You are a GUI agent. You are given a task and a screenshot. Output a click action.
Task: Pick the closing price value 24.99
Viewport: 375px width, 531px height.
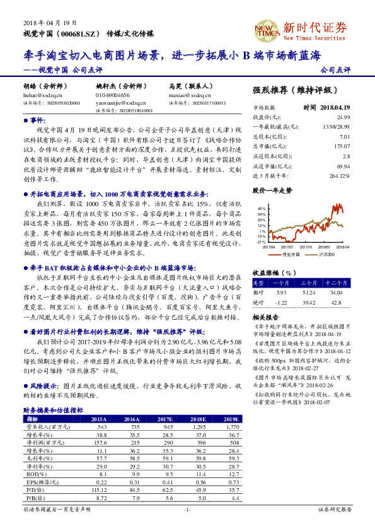(343, 117)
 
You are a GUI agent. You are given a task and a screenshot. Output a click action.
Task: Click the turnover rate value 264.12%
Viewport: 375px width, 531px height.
(340, 174)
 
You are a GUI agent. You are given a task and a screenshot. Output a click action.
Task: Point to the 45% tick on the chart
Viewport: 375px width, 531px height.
(262, 207)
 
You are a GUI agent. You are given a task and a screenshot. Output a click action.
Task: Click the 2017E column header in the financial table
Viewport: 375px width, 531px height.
(164, 419)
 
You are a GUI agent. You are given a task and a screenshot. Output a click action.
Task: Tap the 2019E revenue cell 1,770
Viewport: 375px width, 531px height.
(231, 427)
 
